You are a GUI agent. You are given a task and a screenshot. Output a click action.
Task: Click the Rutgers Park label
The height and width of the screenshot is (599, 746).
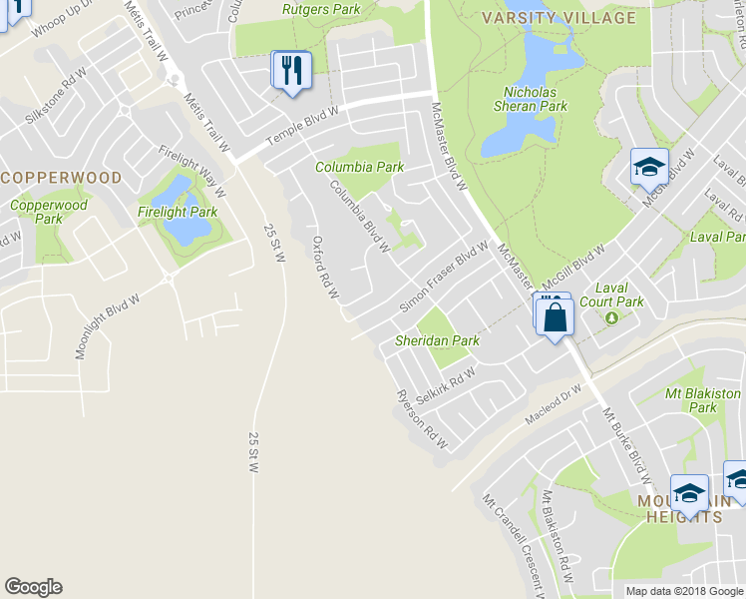click(320, 9)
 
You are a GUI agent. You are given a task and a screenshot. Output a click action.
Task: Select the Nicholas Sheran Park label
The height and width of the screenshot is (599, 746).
click(529, 99)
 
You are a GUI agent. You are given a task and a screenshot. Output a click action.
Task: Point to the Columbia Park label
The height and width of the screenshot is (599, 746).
click(359, 167)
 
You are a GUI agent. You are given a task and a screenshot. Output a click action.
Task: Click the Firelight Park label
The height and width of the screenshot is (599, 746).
click(178, 212)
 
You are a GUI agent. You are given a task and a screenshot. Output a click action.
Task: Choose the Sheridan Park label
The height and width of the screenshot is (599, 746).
click(438, 340)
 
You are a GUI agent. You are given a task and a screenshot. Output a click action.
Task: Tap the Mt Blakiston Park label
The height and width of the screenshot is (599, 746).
click(703, 400)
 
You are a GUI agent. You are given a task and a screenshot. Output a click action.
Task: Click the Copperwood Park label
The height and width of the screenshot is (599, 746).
click(49, 212)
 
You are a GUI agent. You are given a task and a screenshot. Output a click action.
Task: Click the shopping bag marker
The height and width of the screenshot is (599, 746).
click(555, 318)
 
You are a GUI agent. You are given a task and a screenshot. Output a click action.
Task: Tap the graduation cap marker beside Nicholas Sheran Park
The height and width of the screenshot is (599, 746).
click(649, 167)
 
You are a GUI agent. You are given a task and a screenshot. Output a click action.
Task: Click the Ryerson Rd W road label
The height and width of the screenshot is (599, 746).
click(422, 418)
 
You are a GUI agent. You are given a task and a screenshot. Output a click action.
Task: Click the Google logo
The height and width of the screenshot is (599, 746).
click(33, 587)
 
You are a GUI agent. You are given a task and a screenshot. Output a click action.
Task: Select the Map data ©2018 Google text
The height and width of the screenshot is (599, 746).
click(683, 591)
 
